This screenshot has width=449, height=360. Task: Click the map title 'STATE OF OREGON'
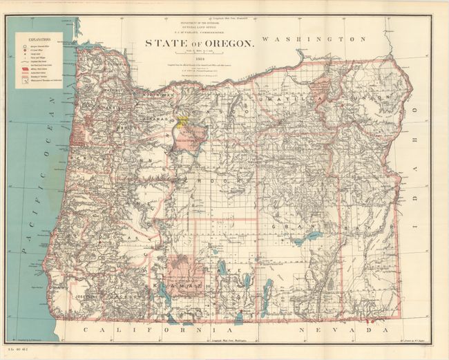click(199, 43)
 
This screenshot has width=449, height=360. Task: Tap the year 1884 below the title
click(199, 59)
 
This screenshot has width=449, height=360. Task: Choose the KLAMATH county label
click(177, 284)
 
